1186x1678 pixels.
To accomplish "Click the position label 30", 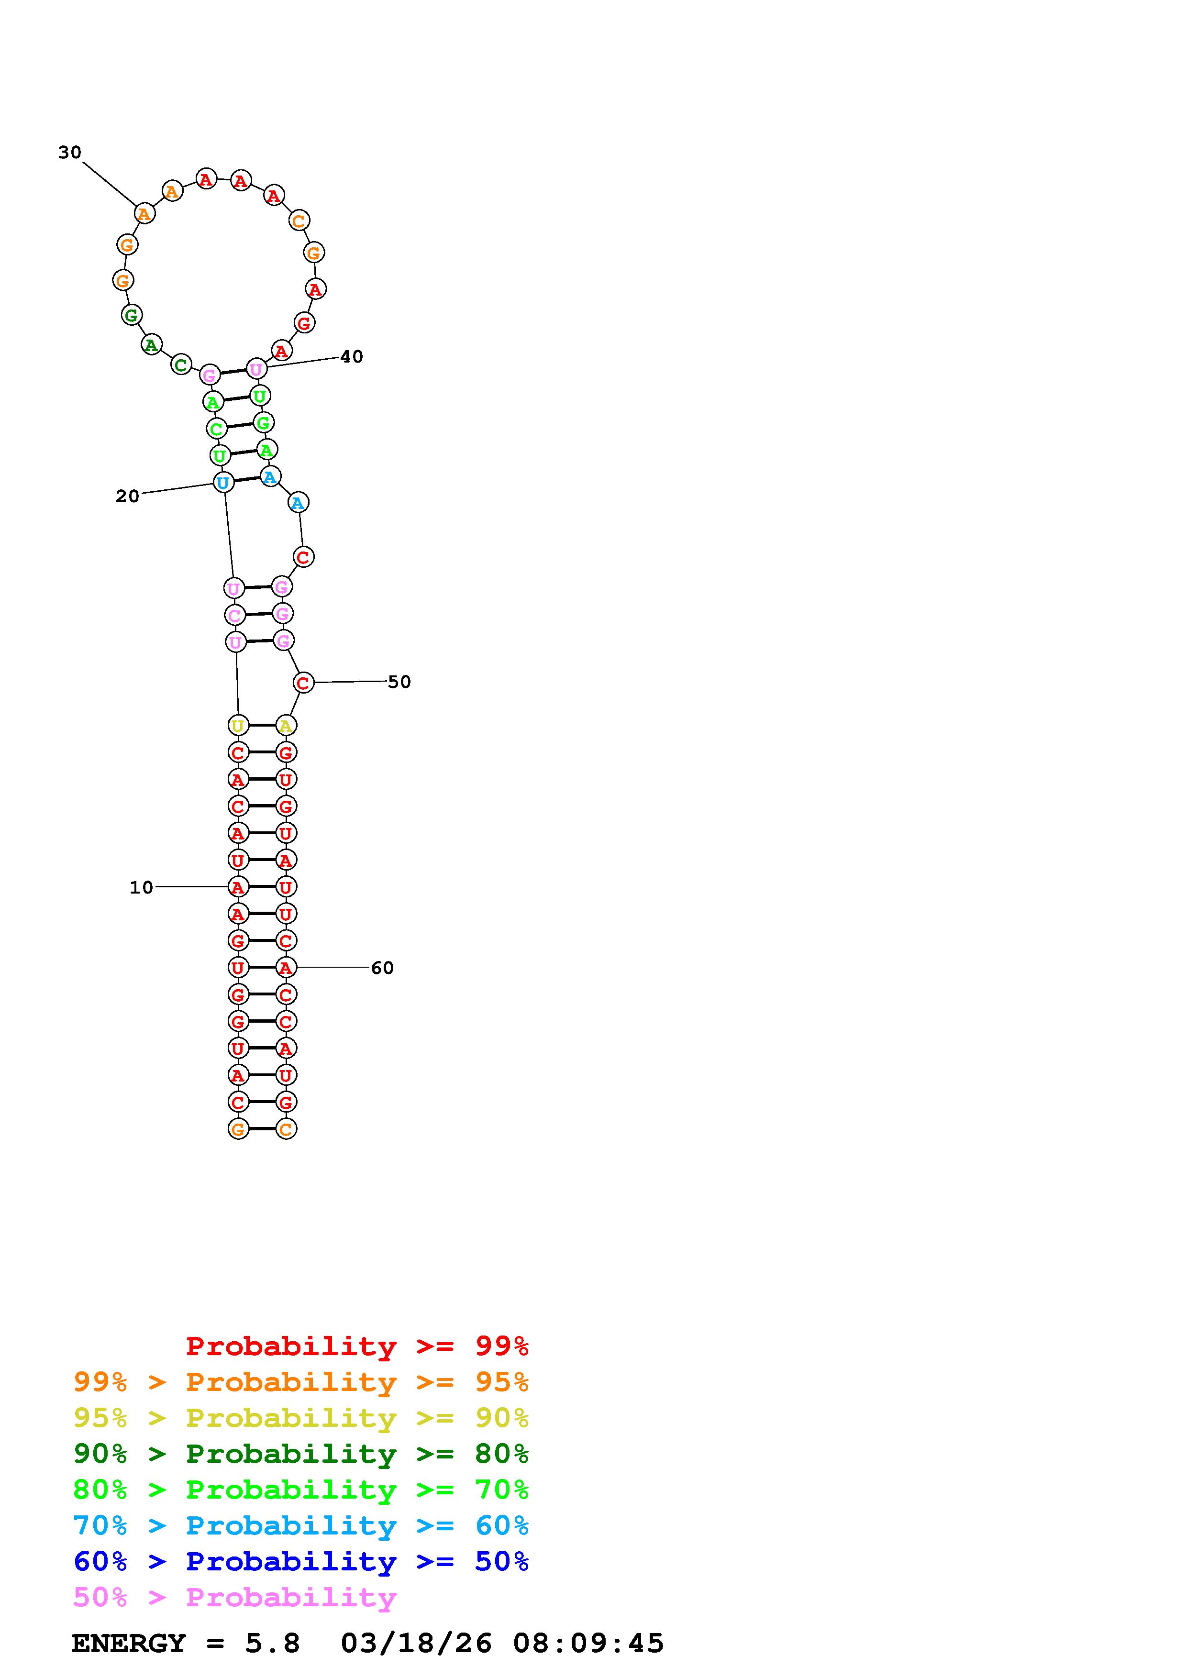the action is click(x=70, y=152).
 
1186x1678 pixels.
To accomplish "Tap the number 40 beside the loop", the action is click(x=352, y=357).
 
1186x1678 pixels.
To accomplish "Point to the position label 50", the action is click(x=399, y=682).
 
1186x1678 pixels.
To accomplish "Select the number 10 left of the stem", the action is click(x=142, y=887).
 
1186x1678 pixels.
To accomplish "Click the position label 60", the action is click(x=382, y=968).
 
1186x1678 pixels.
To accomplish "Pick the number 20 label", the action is click(x=127, y=496).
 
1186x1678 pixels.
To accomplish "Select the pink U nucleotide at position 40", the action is click(x=256, y=369).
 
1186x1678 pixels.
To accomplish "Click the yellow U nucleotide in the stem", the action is click(x=237, y=726).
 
